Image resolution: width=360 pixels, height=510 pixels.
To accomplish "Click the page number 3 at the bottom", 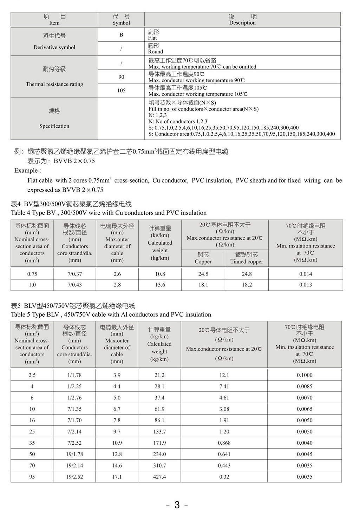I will (x=177, y=505).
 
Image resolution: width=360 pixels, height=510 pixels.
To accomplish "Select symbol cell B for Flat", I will (x=121, y=35).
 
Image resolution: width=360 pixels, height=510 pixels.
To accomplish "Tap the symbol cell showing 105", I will (x=121, y=91).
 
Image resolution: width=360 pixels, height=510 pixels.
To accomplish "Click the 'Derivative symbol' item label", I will (x=54, y=47).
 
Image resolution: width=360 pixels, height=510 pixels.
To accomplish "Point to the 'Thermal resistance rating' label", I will (x=54, y=84).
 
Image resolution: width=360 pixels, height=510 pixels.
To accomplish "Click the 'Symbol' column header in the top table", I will (x=121, y=23).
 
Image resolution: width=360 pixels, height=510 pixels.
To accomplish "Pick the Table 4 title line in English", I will (x=109, y=213).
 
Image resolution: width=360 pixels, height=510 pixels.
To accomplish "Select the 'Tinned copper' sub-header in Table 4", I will (x=247, y=261).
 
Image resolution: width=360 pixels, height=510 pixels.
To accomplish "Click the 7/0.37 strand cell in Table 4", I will (x=75, y=274).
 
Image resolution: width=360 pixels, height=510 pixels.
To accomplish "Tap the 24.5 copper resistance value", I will (x=203, y=274).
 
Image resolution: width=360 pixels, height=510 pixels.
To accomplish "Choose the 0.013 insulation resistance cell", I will (x=306, y=285).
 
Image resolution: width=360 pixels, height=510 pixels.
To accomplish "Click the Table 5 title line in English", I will (x=111, y=314).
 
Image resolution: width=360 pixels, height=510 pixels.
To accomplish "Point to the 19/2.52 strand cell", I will (x=74, y=477).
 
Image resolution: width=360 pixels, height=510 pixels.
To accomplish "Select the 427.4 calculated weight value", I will (x=159, y=477).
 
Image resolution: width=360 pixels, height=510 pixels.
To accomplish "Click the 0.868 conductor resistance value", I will (x=224, y=443).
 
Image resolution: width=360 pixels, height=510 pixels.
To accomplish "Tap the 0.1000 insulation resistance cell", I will (x=305, y=375).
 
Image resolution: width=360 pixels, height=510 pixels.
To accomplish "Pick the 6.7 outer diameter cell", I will (x=117, y=409).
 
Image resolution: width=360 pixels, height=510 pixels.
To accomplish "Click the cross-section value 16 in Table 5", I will (x=32, y=420).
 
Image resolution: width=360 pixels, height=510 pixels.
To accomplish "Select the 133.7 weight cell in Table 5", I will (x=159, y=432).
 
